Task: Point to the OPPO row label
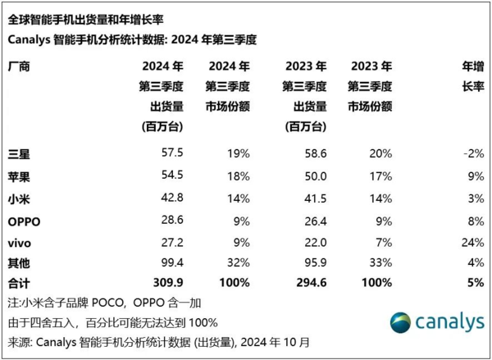pyautogui.click(x=23, y=221)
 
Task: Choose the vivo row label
pyautogui.click(x=19, y=243)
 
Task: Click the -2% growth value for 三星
pyautogui.click(x=470, y=153)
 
